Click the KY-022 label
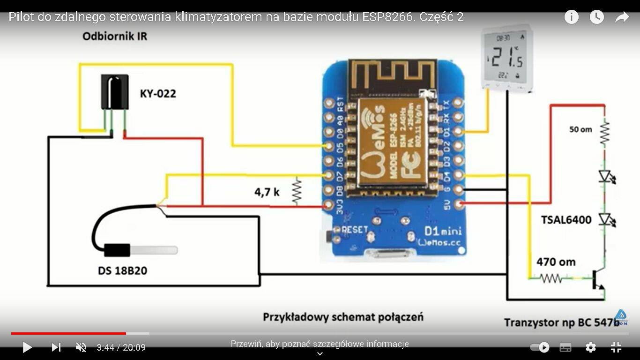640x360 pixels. pos(158,94)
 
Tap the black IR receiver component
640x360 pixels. pos(114,91)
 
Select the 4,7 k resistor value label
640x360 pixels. pos(267,192)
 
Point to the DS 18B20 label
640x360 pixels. pos(122,271)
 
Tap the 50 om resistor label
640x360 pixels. pos(580,129)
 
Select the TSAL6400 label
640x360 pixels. pos(566,220)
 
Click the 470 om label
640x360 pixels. pos(556,262)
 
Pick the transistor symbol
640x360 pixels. pos(598,279)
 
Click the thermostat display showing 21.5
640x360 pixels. pos(506,57)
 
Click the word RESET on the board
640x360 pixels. pos(355,230)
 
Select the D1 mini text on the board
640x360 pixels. pos(442,231)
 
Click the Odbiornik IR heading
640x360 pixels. pos(115,37)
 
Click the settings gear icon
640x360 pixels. pos(591,347)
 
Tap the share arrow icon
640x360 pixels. pos(622,17)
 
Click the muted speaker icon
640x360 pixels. pos(81,347)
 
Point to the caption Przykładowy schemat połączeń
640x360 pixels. pos(343,317)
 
